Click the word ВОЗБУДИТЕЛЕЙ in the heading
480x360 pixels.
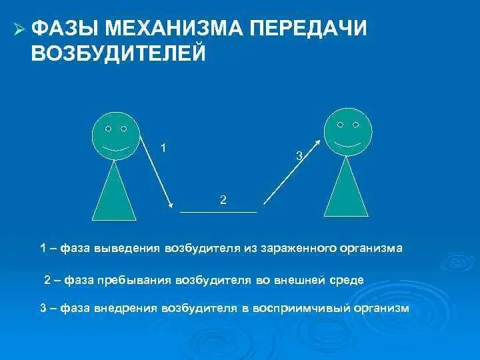[x=118, y=53]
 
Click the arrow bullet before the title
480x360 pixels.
[x=19, y=29]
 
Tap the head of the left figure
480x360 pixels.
[x=115, y=135]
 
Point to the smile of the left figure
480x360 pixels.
[x=115, y=147]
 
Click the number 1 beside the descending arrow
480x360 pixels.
[x=163, y=147]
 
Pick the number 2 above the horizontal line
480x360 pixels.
[x=223, y=199]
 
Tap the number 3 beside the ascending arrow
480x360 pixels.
[x=299, y=155]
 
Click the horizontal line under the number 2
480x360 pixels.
[x=218, y=211]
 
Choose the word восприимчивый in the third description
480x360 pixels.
[x=295, y=309]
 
